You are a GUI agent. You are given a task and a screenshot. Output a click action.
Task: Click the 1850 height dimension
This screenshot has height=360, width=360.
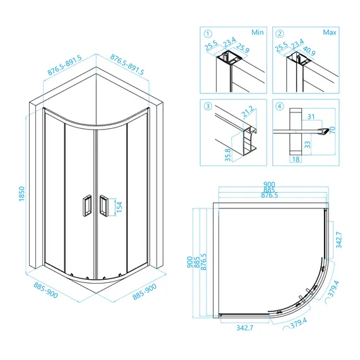coord(21,194)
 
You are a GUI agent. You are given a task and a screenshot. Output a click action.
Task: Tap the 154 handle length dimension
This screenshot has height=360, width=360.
coord(119,207)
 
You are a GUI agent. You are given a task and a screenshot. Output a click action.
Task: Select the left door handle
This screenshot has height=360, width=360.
coord(87,205)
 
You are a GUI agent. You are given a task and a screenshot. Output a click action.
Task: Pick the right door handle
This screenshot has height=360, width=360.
coord(104,205)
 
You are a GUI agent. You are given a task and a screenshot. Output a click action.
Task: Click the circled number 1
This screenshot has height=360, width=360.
coord(208,34)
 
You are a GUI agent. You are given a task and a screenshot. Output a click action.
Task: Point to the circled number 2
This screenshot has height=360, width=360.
coord(279,34)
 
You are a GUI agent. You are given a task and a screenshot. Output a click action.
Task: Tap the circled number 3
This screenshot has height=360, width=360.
coord(208,106)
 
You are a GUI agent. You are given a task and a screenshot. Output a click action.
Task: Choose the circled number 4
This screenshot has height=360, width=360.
coord(279,106)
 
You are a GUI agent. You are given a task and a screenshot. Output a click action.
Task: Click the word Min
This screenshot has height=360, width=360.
coord(258,32)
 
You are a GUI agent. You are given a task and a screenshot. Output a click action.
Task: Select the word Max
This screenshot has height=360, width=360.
coord(330,32)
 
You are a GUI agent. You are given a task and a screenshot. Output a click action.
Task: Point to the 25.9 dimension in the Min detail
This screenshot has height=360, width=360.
coord(243,48)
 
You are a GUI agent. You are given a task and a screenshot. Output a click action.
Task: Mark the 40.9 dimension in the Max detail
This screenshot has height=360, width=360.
coord(309,51)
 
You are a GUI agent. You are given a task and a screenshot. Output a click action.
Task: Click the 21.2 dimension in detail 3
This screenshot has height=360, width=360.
coord(248,111)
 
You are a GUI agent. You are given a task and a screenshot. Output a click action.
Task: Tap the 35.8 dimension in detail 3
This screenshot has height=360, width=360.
coord(228,155)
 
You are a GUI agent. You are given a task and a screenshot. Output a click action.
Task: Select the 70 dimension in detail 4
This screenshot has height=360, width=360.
coord(332,130)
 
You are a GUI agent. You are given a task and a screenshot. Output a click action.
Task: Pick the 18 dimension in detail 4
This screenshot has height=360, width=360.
coord(296,159)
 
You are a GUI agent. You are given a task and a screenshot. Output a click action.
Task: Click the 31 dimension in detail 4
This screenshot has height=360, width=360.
coord(311,117)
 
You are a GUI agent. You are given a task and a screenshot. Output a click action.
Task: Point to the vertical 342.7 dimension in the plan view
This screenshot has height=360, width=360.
coord(339,240)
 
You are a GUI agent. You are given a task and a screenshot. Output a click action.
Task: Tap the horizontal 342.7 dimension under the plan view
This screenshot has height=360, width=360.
coord(245,328)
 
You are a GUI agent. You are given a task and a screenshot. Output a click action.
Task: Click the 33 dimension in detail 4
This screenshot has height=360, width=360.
coord(307,145)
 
